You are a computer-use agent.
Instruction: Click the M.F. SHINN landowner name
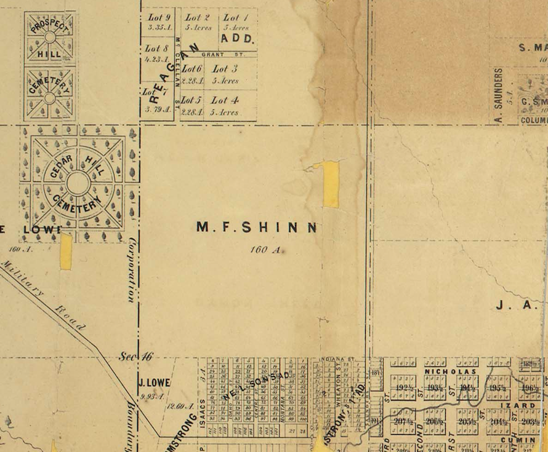click(256, 228)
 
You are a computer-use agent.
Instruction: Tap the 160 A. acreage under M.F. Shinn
click(265, 250)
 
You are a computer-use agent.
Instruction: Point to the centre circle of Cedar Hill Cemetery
click(78, 183)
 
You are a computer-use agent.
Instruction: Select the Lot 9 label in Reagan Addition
click(158, 18)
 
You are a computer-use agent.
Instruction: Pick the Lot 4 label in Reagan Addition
click(225, 100)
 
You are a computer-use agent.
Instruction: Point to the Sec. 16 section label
click(136, 356)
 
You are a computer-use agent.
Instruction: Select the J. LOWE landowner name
click(154, 383)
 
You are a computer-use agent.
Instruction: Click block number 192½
click(404, 388)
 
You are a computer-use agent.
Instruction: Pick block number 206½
click(435, 421)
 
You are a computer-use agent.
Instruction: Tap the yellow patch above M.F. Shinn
click(331, 184)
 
